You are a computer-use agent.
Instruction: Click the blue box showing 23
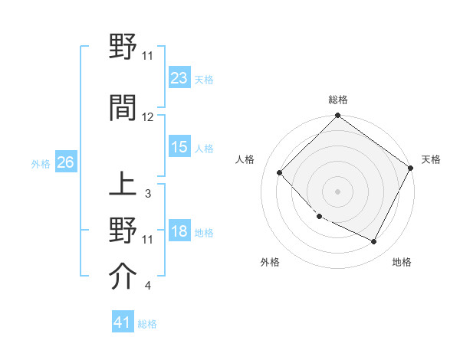(179, 77)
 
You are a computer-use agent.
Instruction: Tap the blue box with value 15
(179, 147)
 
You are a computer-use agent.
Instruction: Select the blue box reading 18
(179, 232)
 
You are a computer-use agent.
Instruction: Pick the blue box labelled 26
(65, 162)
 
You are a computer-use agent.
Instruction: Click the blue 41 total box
(123, 322)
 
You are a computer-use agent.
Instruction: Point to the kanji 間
(123, 108)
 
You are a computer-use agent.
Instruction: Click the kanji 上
(123, 185)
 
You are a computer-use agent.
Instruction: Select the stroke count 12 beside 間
(148, 117)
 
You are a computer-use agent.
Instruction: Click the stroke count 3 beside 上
(148, 194)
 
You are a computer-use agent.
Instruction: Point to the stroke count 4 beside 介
(148, 286)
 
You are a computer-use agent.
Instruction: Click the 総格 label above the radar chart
(337, 100)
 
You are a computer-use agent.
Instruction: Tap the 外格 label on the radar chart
(270, 262)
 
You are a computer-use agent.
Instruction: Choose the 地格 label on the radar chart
(402, 262)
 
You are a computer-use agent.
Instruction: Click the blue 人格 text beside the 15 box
(204, 148)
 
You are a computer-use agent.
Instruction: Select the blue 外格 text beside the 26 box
(41, 163)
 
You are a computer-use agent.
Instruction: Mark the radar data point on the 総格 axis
(337, 116)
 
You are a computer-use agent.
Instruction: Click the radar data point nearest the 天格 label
(412, 168)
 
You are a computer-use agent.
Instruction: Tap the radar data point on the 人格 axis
(280, 172)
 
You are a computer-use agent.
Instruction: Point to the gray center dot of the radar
(337, 191)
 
